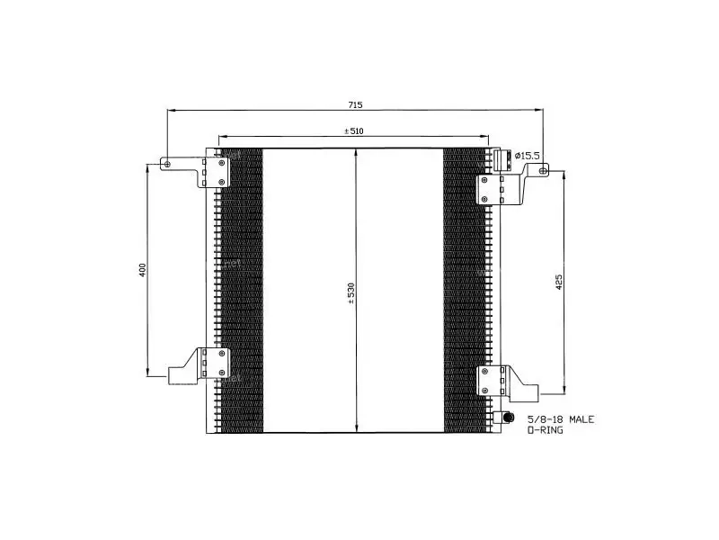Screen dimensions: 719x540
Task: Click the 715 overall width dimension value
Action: [355, 104]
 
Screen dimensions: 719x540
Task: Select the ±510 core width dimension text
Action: [354, 131]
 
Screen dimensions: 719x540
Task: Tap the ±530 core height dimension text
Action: [351, 294]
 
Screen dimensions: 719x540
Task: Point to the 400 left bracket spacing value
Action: [142, 270]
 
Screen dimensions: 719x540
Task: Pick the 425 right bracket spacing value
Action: [558, 282]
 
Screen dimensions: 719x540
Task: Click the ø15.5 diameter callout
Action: [528, 156]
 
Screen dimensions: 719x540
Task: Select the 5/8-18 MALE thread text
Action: [561, 419]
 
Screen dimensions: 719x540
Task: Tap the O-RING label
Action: [546, 430]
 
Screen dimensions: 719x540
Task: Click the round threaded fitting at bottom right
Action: [508, 418]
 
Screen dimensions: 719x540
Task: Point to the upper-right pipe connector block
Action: [502, 159]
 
